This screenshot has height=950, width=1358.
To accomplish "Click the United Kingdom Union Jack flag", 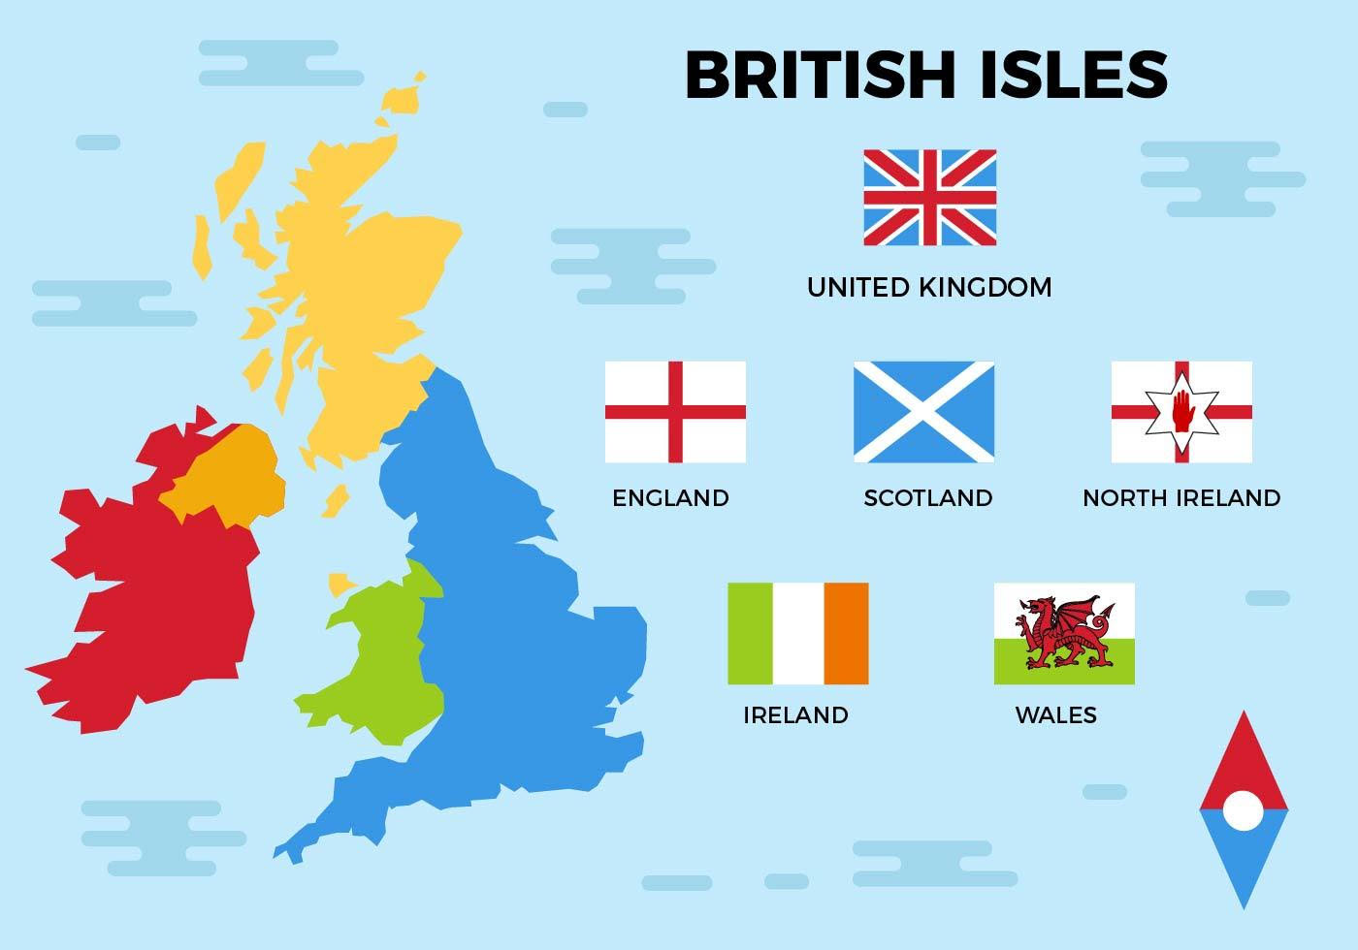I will [929, 198].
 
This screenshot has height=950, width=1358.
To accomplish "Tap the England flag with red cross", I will [675, 412].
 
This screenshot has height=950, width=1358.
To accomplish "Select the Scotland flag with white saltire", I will [923, 412].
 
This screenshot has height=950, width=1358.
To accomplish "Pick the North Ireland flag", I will [1181, 412].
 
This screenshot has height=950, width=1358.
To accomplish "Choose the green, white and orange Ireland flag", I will [797, 633].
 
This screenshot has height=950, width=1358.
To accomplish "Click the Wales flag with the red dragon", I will [1064, 633].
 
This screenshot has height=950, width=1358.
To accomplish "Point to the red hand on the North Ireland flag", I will [1181, 411].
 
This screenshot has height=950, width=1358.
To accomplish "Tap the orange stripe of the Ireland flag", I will [846, 633].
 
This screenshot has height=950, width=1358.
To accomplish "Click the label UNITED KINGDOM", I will [929, 287].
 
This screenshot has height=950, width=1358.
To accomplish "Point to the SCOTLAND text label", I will [928, 498].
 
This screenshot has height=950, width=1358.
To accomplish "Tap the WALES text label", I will [1055, 715].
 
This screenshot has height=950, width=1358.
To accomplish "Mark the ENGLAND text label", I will [670, 498].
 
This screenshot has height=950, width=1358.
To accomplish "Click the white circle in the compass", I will [1243, 809].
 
